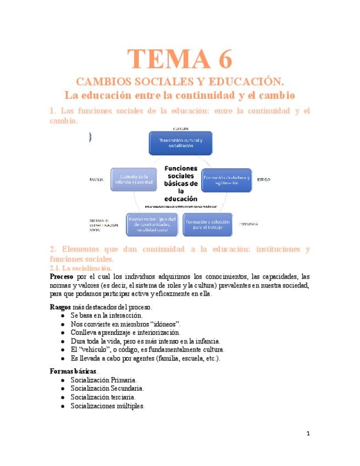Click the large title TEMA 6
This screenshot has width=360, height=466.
pyautogui.click(x=180, y=58)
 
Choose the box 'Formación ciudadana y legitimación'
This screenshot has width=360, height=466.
pyautogui.click(x=226, y=179)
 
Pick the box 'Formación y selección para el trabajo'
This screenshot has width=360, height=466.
pyautogui.click(x=207, y=224)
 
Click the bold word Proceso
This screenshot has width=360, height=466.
pyautogui.click(x=61, y=276)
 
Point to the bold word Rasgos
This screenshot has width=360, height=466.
pyautogui.click(x=60, y=307)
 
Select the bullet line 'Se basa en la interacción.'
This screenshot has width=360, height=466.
pyautogui.click(x=107, y=315)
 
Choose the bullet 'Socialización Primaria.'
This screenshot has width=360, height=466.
pyautogui.click(x=104, y=380)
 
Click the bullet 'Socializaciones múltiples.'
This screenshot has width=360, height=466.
pyautogui.click(x=108, y=406)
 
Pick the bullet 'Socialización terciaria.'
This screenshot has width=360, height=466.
pyautogui.click(x=103, y=397)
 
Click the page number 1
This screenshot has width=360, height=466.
pyautogui.click(x=308, y=434)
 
